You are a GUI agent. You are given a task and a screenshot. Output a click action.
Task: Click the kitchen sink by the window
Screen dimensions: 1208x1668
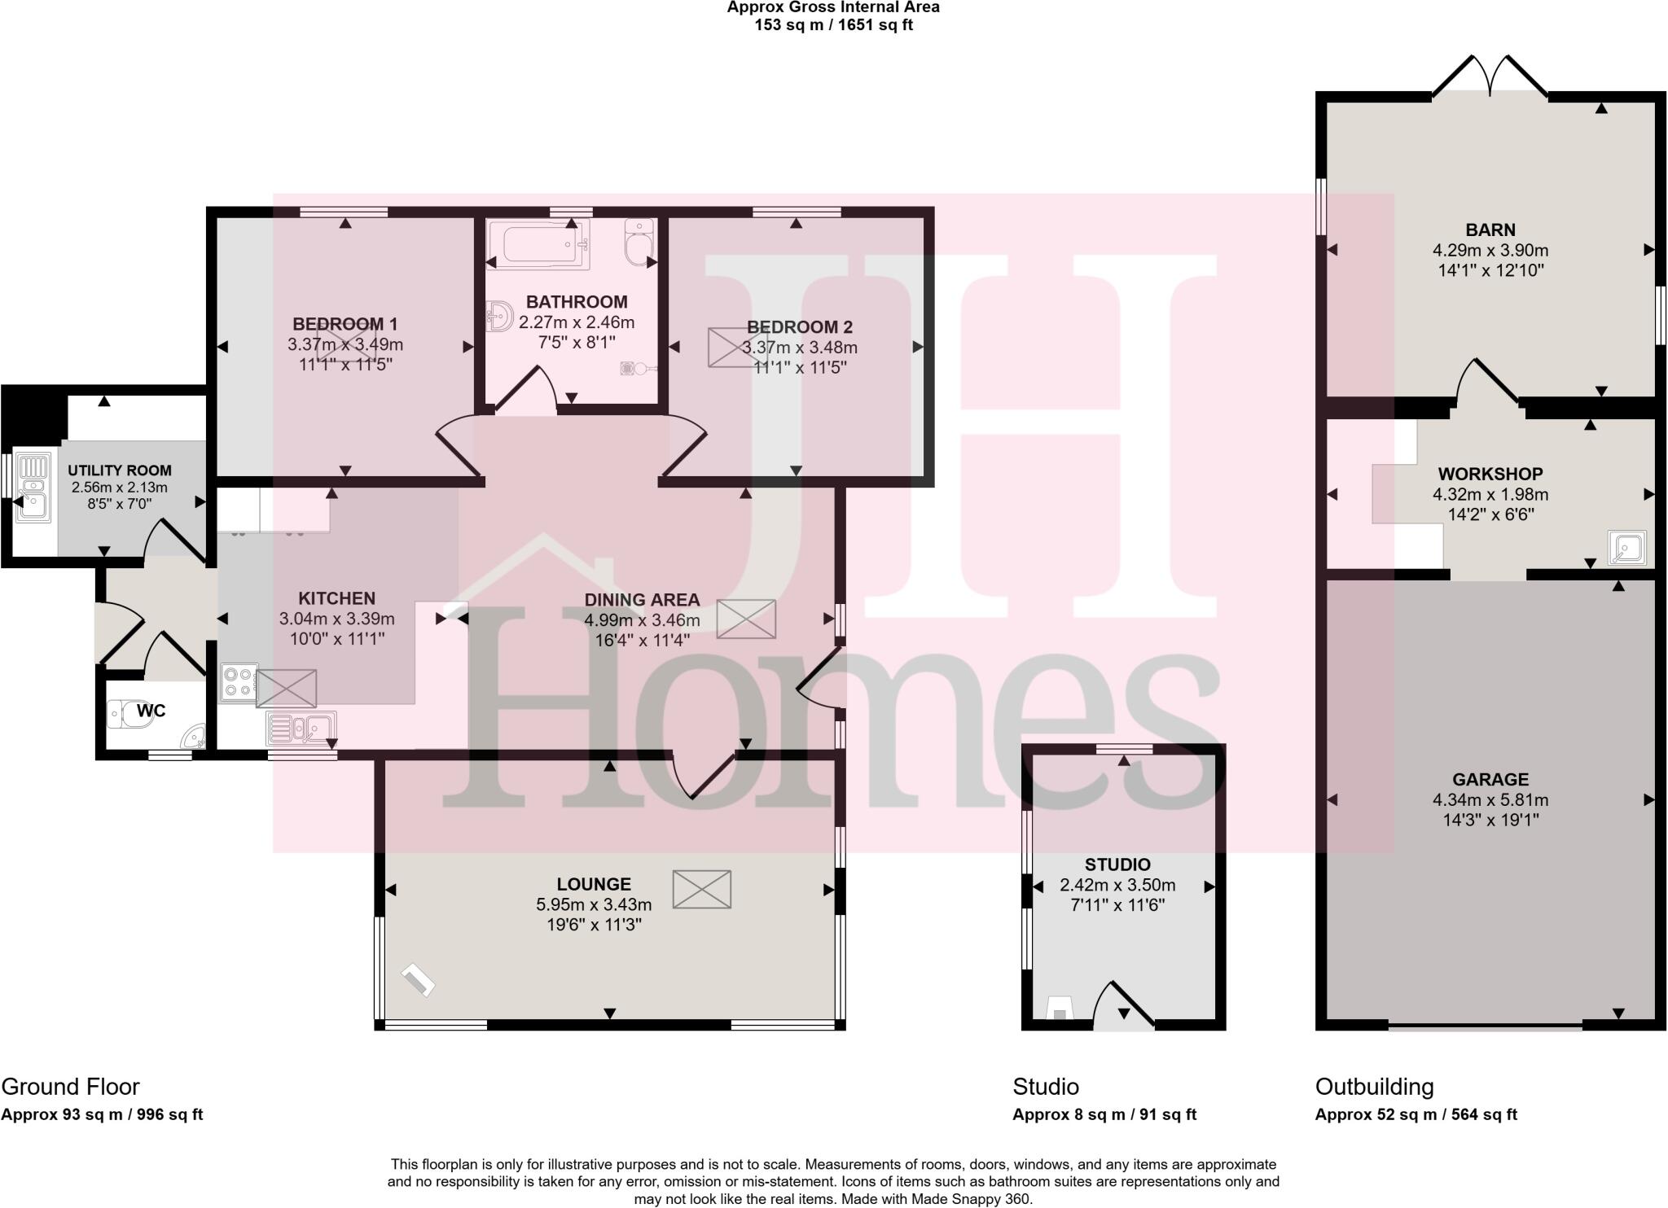(x=301, y=727)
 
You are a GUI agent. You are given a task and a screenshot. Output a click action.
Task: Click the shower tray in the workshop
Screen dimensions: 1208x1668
(x=1626, y=548)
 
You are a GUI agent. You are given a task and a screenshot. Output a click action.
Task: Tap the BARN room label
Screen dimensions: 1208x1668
(x=1490, y=230)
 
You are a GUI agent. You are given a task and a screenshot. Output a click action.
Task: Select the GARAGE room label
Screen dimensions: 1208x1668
(x=1490, y=779)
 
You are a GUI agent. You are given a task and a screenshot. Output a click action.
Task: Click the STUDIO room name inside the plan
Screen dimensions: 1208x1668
(x=1117, y=864)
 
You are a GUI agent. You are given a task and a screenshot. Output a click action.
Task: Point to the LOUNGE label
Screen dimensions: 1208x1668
(x=594, y=884)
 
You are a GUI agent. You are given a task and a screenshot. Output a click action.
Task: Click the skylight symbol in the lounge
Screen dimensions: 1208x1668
(x=702, y=889)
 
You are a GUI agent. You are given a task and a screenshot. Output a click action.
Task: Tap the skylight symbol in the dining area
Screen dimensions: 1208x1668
(x=746, y=619)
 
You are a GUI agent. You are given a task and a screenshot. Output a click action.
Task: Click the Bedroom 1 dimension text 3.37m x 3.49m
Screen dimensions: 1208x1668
(x=345, y=345)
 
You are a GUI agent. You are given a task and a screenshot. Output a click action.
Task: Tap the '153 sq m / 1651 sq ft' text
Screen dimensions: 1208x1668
(x=833, y=25)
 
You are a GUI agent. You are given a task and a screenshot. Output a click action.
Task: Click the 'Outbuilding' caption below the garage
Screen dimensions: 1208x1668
(x=1374, y=1087)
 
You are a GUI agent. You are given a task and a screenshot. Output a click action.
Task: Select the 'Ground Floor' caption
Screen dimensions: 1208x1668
(x=71, y=1087)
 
